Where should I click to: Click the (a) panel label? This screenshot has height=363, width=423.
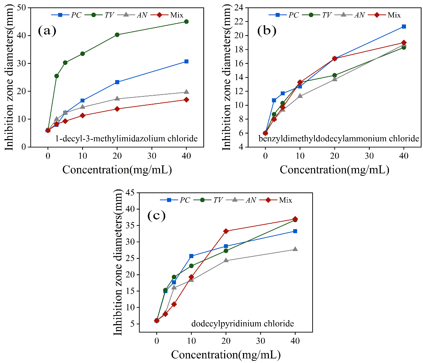(x=47, y=30)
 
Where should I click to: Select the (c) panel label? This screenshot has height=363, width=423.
(x=156, y=215)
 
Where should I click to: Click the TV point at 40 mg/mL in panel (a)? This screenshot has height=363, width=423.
(x=186, y=22)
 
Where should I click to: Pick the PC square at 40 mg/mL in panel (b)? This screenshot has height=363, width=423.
(x=404, y=26)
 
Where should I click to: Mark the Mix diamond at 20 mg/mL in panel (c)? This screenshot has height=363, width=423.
(x=226, y=231)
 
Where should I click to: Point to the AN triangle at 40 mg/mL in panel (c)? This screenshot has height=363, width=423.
(x=295, y=249)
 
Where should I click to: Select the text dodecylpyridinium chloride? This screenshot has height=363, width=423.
(x=243, y=324)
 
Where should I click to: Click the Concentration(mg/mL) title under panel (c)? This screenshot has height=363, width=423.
(x=225, y=355)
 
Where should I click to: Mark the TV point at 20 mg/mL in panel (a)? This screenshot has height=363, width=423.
(x=117, y=34)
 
